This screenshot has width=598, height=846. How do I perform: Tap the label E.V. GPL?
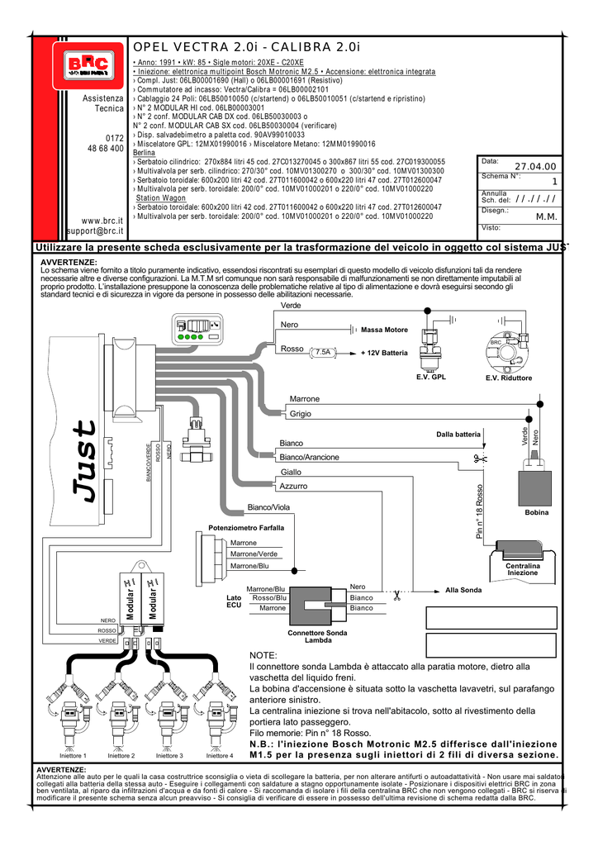coord(431,377)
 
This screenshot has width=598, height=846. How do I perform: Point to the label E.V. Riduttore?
coord(508,378)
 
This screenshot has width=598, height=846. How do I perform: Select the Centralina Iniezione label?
coord(522,569)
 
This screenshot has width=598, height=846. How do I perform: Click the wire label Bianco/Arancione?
coord(309,457)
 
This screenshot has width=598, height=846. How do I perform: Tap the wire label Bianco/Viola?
coord(269,506)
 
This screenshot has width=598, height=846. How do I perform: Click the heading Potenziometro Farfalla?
coord(246,527)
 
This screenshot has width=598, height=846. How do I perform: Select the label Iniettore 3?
coord(169,755)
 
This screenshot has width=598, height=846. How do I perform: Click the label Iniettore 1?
coord(74,755)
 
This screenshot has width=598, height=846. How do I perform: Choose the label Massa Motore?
coord(384,330)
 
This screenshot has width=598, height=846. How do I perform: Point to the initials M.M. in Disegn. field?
coord(547,216)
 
